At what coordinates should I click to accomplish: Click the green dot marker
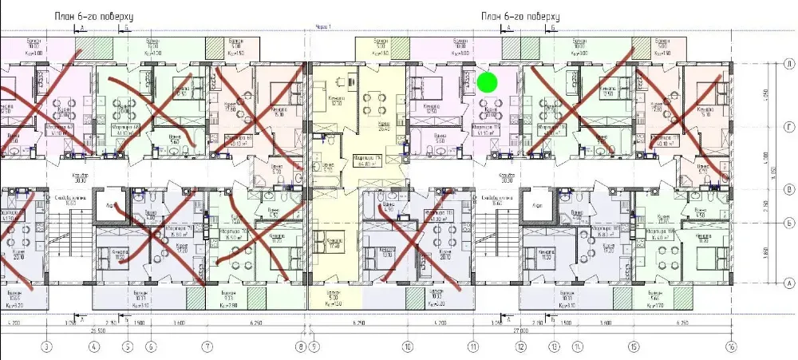click(487, 81)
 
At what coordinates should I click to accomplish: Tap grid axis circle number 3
click(47, 346)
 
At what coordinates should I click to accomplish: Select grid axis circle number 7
click(207, 346)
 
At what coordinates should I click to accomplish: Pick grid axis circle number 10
click(408, 346)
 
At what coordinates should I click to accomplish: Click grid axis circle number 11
click(472, 346)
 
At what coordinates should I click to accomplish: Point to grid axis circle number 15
click(634, 346)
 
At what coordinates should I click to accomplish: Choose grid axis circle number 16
click(730, 346)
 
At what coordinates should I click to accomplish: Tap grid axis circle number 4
click(94, 346)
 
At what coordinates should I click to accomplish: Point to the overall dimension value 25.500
click(99, 330)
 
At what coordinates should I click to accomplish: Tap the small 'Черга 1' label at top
click(322, 27)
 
